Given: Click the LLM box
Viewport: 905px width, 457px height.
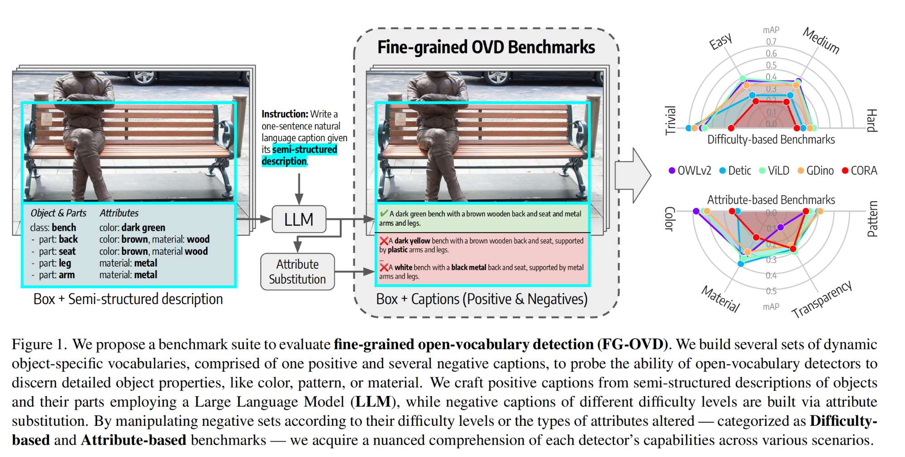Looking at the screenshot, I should pyautogui.click(x=299, y=219).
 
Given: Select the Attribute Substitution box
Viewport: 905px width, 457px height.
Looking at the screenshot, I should pyautogui.click(x=297, y=271).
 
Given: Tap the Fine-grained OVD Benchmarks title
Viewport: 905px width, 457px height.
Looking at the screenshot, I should pyautogui.click(x=486, y=48).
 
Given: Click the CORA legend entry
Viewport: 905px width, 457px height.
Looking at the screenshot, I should pyautogui.click(x=859, y=171).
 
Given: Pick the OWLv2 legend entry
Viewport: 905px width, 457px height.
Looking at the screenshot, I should pyautogui.click(x=690, y=171).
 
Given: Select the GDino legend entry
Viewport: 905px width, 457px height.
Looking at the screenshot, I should pyautogui.click(x=815, y=171).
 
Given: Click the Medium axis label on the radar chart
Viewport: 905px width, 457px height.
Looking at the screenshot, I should pyautogui.click(x=821, y=40).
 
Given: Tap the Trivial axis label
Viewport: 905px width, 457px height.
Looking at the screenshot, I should pyautogui.click(x=670, y=120).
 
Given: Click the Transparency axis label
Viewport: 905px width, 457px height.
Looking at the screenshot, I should pyautogui.click(x=822, y=299).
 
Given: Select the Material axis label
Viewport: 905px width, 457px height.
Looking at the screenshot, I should pyautogui.click(x=721, y=299).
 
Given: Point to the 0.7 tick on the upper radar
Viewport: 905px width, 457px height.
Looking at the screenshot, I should pyautogui.click(x=771, y=42).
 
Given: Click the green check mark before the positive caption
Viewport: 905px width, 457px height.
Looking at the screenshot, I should pyautogui.click(x=384, y=214).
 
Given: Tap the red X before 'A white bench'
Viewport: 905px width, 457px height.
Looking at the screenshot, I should pyautogui.click(x=384, y=267).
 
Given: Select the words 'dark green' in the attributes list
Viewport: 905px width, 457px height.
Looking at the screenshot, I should pyautogui.click(x=143, y=228).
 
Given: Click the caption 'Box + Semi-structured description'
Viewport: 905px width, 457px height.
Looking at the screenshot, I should pyautogui.click(x=128, y=299).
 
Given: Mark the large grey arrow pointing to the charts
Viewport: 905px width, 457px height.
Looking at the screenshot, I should pyautogui.click(x=633, y=175).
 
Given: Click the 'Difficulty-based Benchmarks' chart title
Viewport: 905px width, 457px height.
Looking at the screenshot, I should pyautogui.click(x=771, y=139).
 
